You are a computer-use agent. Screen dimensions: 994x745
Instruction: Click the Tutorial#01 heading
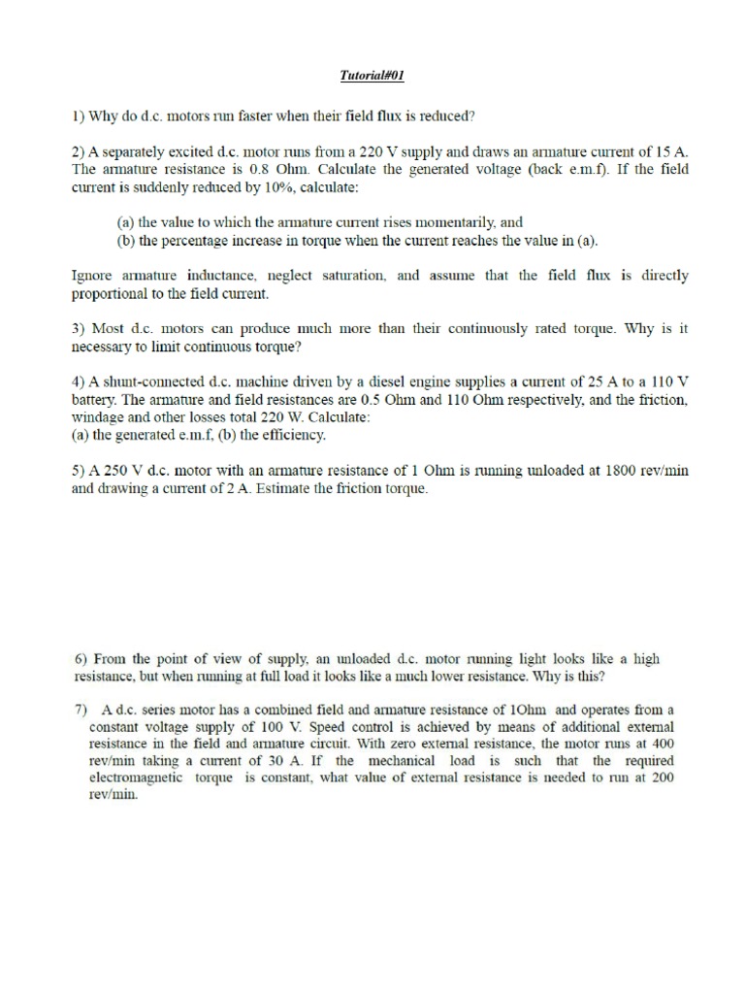point(372,75)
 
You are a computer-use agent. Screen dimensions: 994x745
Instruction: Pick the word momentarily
point(448,222)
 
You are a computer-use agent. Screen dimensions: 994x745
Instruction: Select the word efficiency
point(291,434)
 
